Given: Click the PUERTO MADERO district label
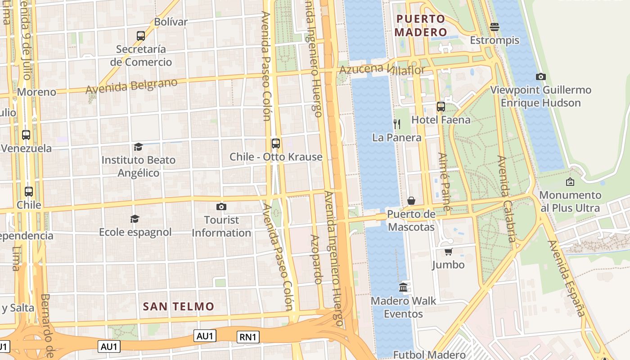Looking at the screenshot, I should (420, 26).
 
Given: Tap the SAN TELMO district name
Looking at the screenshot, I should (179, 307).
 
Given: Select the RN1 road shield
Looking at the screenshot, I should (248, 337).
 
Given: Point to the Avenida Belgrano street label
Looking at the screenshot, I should (131, 85).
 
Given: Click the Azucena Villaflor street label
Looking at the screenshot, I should (382, 69).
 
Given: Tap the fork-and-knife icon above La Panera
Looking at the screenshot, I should (397, 124).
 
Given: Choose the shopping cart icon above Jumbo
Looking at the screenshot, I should (448, 252).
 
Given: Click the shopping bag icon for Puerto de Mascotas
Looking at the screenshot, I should (411, 200).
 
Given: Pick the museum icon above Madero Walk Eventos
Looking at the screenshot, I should (403, 287).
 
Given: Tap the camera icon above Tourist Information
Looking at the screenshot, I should (221, 207).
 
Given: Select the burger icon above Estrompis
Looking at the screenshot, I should (495, 27).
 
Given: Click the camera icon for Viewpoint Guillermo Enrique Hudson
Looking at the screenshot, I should (541, 76).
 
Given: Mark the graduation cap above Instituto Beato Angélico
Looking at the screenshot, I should (138, 147).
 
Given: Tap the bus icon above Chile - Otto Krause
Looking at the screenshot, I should (276, 144).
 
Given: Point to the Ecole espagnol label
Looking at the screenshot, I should (135, 232).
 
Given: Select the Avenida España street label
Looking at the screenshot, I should (566, 278).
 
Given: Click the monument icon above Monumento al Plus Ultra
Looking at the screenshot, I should (570, 182).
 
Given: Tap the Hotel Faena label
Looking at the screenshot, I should (441, 120).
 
